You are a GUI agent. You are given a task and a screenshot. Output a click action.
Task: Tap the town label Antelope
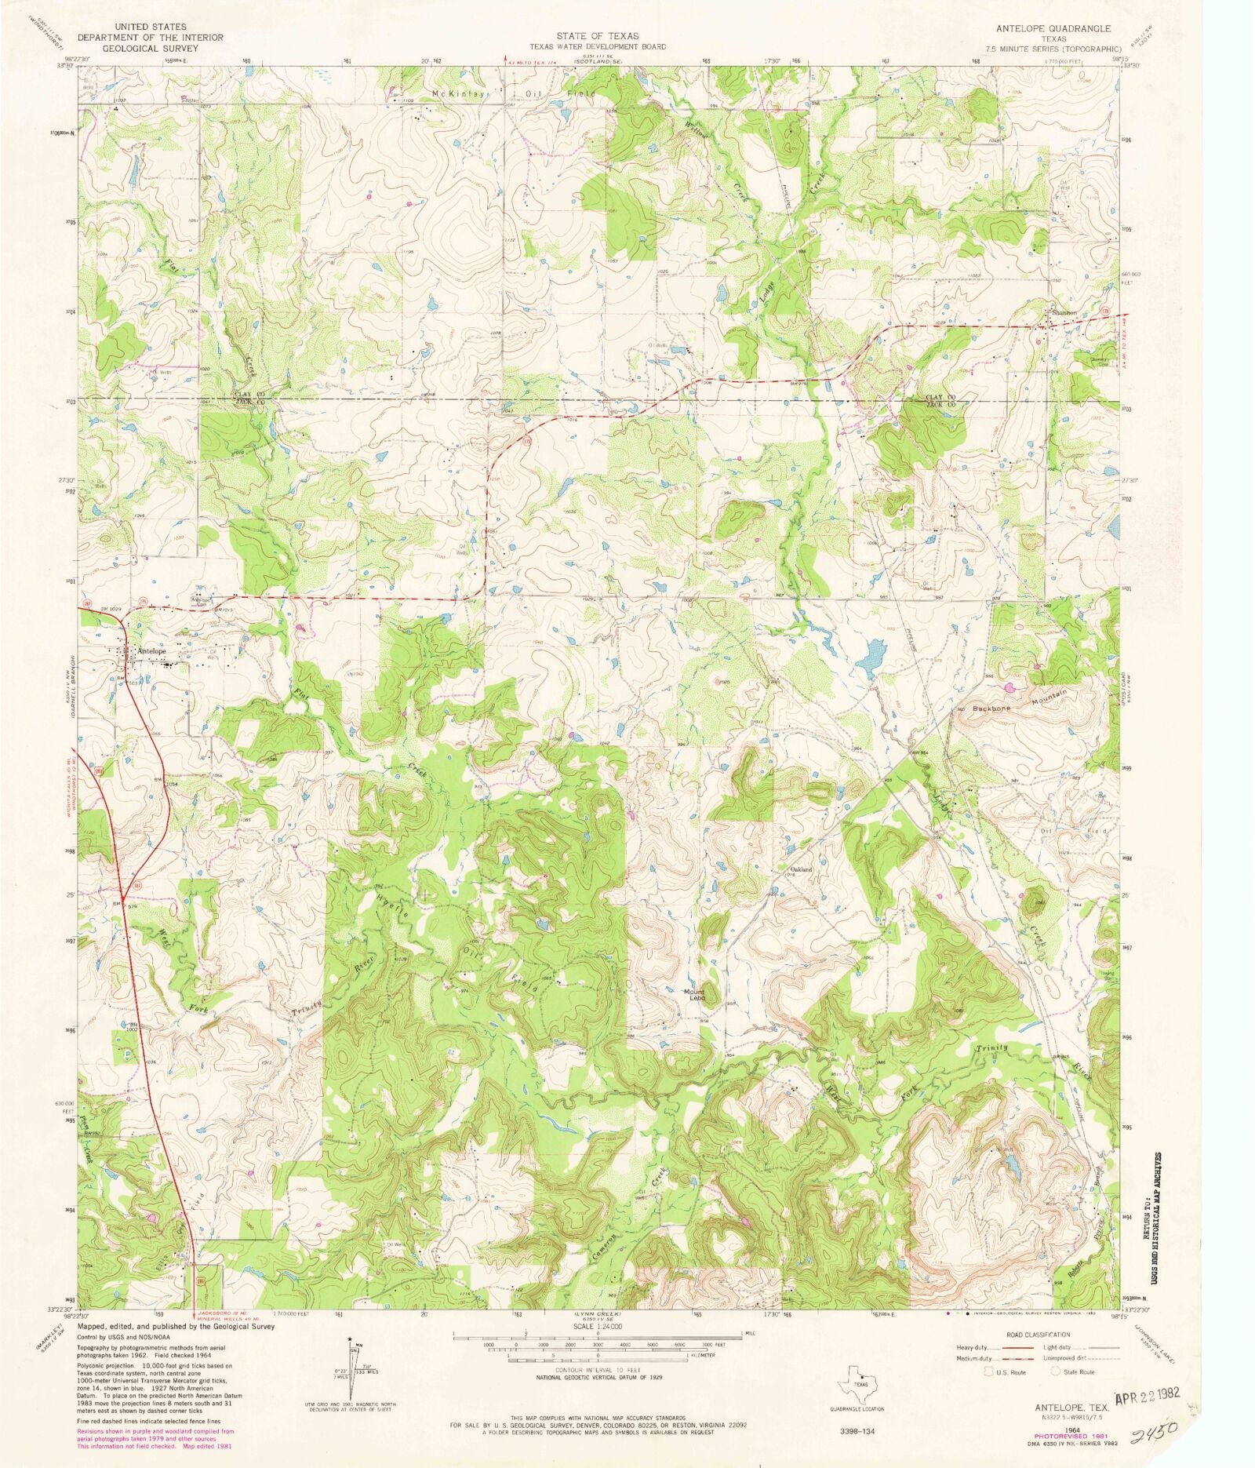pyautogui.click(x=151, y=651)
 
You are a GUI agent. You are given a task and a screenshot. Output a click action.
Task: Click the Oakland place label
pyautogui.click(x=801, y=870)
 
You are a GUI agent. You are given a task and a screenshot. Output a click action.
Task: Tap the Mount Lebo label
pyautogui.click(x=695, y=995)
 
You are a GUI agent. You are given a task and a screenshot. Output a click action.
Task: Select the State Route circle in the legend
pyautogui.click(x=1056, y=1371)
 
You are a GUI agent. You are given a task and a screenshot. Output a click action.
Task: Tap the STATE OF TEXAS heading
pyautogui.click(x=598, y=36)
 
